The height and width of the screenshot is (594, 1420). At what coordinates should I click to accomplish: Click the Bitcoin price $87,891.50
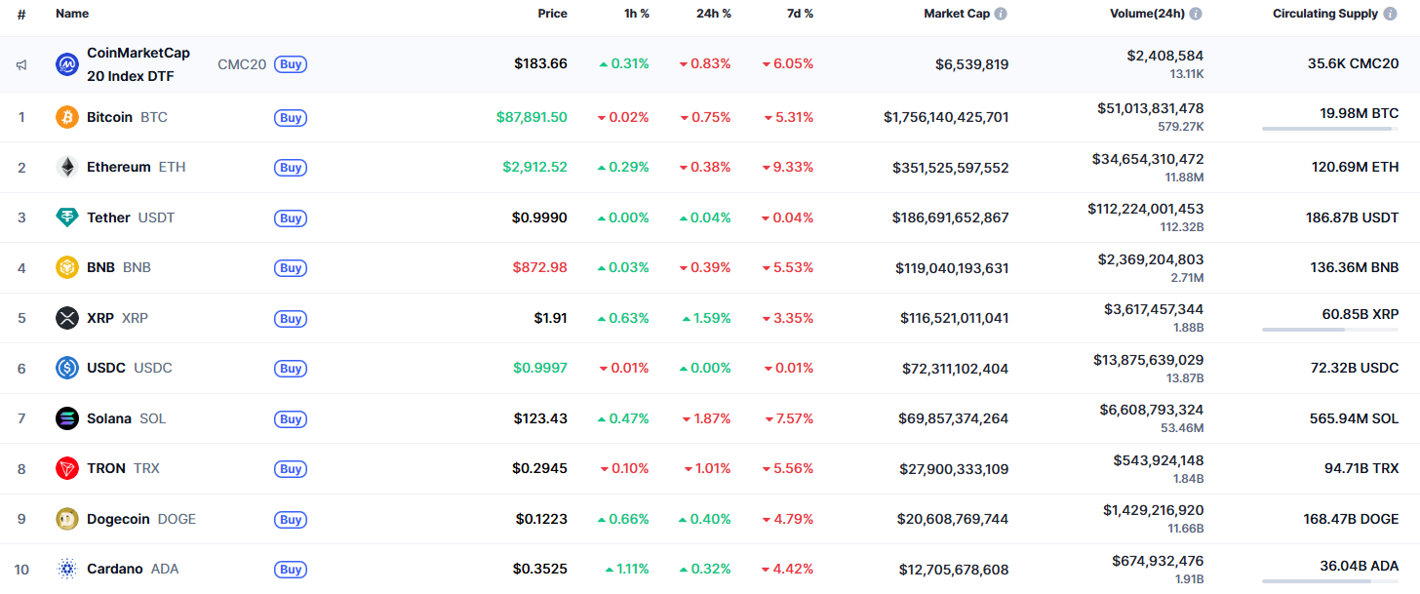[531, 117]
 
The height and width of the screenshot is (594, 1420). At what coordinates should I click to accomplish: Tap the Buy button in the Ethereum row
[291, 168]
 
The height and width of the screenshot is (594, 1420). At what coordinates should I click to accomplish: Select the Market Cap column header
[956, 14]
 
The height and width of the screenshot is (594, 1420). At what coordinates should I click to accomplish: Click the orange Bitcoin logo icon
[67, 117]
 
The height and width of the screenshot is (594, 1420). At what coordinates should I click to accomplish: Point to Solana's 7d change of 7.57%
[788, 418]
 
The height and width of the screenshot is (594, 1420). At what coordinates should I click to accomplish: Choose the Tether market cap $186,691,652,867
[950, 218]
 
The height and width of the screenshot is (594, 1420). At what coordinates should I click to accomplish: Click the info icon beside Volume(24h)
[1196, 14]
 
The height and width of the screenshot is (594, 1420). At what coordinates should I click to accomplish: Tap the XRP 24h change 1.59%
[705, 318]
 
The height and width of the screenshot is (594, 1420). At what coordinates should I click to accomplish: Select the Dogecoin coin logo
[67, 519]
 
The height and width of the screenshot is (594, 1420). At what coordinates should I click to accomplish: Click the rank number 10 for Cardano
[21, 570]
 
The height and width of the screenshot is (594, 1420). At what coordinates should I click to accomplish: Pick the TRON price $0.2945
[539, 469]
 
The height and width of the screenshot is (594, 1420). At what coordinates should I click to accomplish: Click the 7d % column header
[801, 14]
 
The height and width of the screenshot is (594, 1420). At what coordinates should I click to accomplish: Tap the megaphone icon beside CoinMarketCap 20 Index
[21, 65]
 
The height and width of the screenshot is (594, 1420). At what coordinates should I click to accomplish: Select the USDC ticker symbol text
[153, 369]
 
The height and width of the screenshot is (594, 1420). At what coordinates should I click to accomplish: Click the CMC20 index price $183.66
[540, 64]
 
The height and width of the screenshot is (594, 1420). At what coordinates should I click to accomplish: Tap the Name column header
[72, 14]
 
